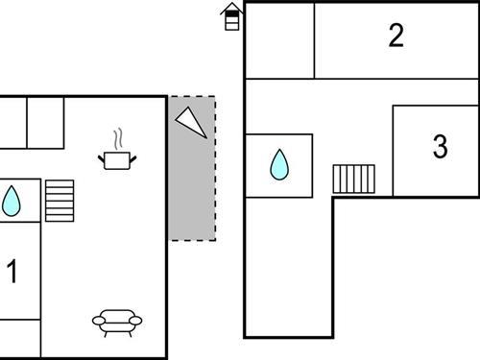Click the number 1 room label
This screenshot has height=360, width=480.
click(12, 273)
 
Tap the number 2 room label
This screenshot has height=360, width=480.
click(396, 36)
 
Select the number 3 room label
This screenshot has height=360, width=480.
click(440, 147)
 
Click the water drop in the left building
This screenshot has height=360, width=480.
click(12, 201)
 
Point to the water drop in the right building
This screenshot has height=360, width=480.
click(278, 165)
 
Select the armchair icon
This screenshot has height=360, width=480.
click(117, 321)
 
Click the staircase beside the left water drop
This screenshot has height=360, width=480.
click(60, 200)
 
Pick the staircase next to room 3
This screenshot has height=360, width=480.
click(354, 179)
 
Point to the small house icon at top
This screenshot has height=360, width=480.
click(231, 16)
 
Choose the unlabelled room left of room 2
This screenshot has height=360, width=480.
click(279, 40)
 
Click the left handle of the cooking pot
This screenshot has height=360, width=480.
click(102, 156)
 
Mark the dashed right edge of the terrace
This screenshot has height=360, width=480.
click(215, 168)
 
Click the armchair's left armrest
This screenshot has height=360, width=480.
click(97, 321)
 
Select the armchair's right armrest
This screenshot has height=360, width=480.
click(137, 321)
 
